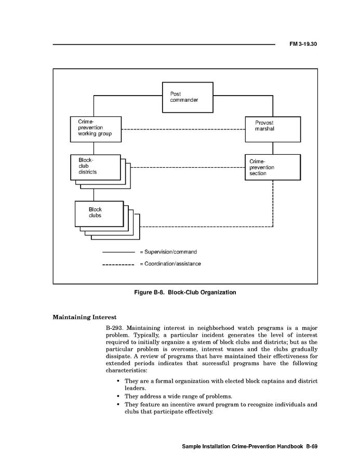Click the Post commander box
(188, 97)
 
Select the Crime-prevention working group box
(96, 129)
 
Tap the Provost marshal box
(273, 129)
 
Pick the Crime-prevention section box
(273, 167)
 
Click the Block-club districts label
(87, 166)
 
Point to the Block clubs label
(95, 212)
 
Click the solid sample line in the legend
(118, 252)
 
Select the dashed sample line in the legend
(118, 264)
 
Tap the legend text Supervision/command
(170, 252)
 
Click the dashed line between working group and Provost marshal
(183, 129)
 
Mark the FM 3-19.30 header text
(303, 44)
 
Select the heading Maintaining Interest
(85, 317)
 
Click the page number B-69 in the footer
(311, 447)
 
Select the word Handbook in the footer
(288, 447)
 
